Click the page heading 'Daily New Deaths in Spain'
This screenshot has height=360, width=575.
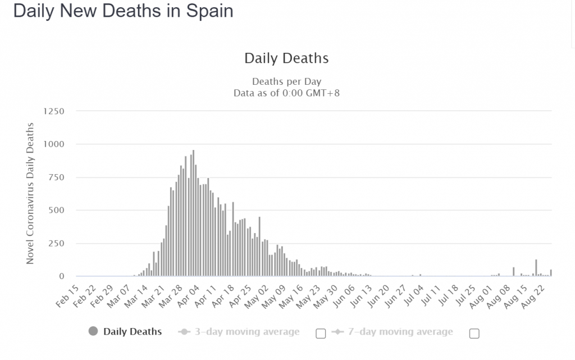coord(123,12)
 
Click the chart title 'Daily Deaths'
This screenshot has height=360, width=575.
coord(286,58)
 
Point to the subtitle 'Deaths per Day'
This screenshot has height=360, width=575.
coord(286,81)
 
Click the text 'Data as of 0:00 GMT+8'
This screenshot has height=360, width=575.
coord(286,93)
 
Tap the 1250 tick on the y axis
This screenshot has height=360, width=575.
coord(54,111)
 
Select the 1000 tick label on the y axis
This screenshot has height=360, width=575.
coord(54,144)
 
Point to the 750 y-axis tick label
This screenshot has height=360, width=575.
coord(57,177)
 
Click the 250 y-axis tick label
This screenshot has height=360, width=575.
coord(57,243)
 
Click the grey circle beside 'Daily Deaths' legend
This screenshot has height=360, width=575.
coord(93,331)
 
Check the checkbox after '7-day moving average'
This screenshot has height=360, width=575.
coord(474,334)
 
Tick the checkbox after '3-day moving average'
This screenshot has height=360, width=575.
coord(321,334)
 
